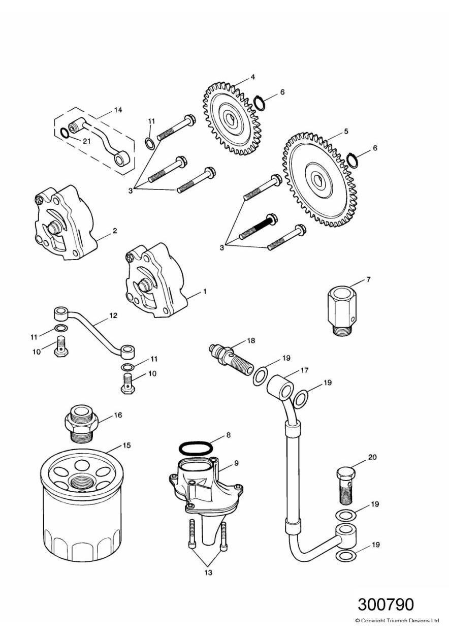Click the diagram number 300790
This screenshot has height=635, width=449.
(x=386, y=604)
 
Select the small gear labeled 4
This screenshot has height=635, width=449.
(x=232, y=120)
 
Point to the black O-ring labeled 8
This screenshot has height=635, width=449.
(x=196, y=449)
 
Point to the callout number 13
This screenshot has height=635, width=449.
(x=208, y=573)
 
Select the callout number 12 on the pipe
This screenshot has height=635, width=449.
(x=113, y=315)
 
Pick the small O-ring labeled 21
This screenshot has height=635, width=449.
(x=65, y=134)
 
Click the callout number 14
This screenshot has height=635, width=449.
(x=118, y=110)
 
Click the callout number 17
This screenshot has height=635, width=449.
(x=304, y=371)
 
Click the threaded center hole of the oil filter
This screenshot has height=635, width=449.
(x=81, y=482)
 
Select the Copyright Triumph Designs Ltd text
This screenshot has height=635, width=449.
(x=397, y=620)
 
